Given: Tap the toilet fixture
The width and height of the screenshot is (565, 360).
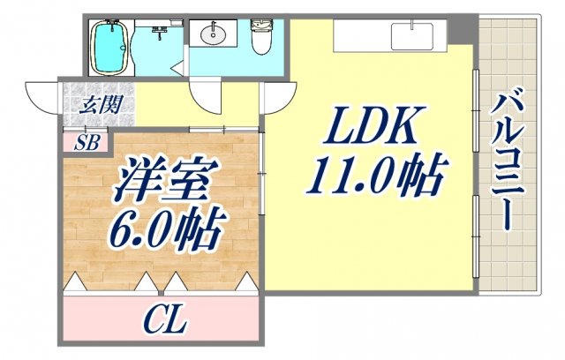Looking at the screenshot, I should (x=261, y=41).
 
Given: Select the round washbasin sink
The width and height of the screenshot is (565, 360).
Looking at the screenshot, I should (x=213, y=35).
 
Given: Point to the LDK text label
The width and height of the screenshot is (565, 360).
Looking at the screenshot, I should (x=371, y=128).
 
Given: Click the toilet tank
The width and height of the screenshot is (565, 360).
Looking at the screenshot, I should (x=261, y=26).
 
